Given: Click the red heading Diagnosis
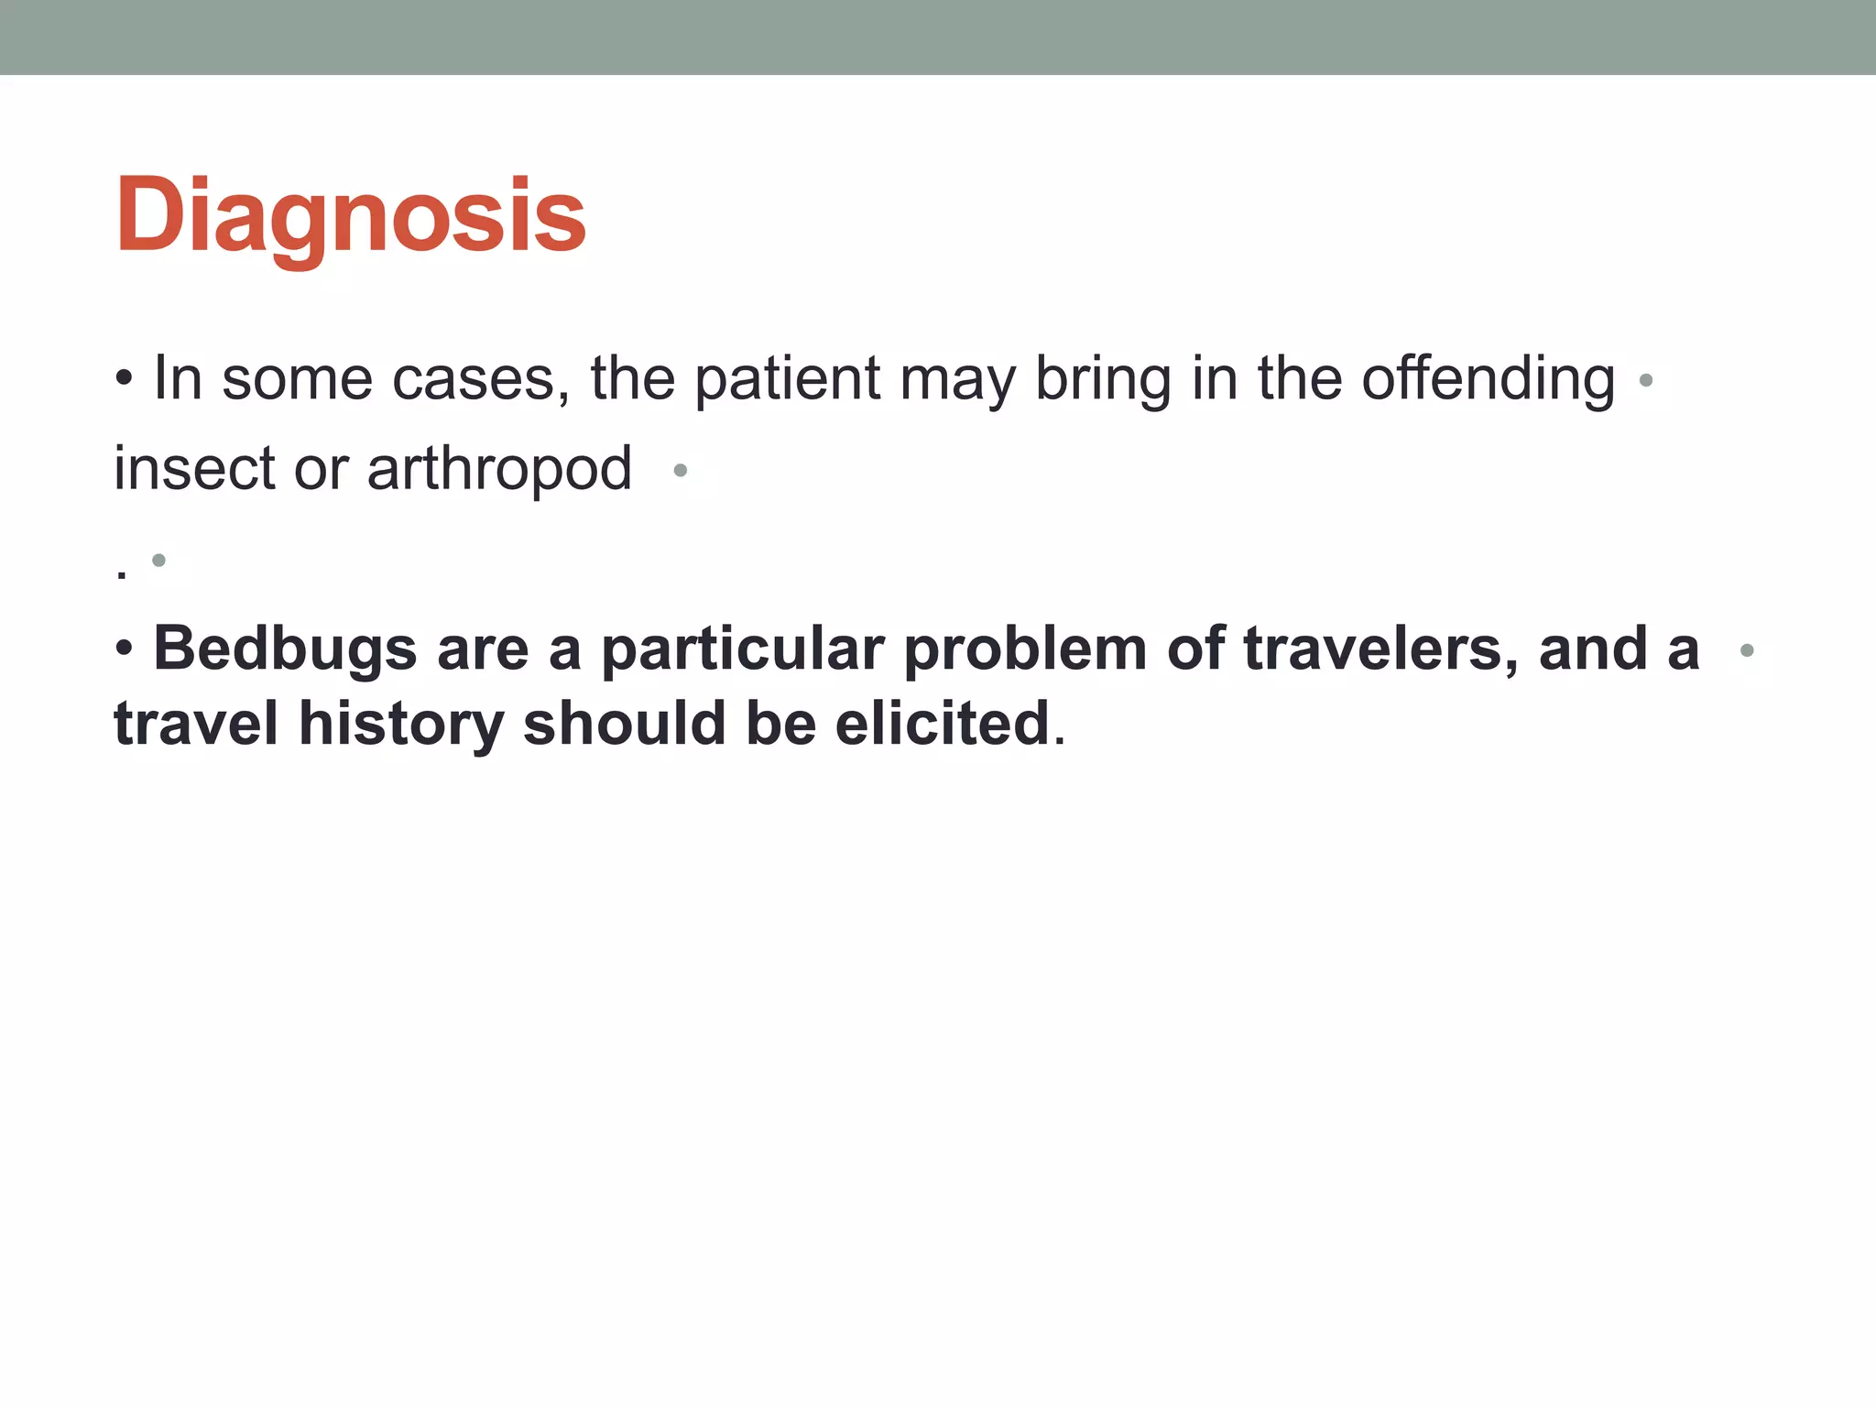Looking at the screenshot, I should coord(350,217).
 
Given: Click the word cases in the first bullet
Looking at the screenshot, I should coord(473,378).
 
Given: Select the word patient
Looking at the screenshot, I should coord(788,378).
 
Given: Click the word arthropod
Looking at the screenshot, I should coord(499,470).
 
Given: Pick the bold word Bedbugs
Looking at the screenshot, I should coord(285,649).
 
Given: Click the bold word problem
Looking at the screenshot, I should coord(1025,649).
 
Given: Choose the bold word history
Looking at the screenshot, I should coord(400,725).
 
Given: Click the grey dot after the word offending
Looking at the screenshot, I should coord(1645,380).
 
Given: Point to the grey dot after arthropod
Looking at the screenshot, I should coord(680,471).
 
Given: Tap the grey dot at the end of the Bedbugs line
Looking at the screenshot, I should coord(1746,650).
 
